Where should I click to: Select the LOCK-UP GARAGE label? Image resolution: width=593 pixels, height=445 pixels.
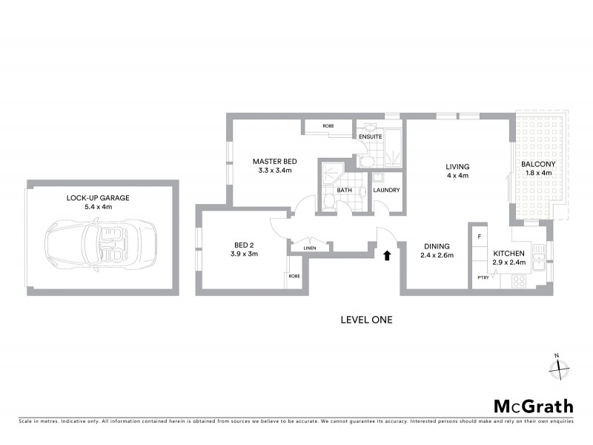tap(98, 198)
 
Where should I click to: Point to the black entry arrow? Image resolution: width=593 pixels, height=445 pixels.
tap(385, 256)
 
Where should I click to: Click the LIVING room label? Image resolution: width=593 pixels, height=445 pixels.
tap(457, 167)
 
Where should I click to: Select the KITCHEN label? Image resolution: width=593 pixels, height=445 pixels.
tap(509, 254)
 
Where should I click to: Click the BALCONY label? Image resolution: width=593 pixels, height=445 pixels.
tap(538, 164)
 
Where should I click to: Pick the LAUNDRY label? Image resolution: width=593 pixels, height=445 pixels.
tap(387, 190)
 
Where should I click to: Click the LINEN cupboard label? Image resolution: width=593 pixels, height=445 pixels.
tap(309, 248)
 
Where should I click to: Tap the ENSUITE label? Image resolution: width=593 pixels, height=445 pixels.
tap(370, 136)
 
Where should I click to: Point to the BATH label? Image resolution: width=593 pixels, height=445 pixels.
tap(345, 190)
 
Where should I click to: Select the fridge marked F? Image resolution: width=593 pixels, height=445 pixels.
tap(480, 237)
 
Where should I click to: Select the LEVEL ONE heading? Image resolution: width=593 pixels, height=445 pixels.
tap(365, 320)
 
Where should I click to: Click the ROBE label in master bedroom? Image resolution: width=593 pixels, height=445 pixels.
tap(328, 126)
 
